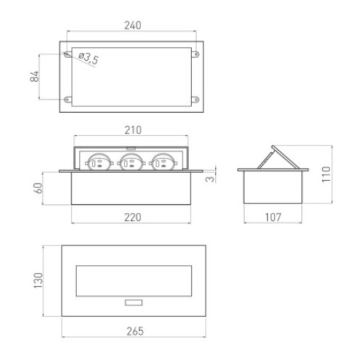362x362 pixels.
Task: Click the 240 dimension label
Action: click(132, 25)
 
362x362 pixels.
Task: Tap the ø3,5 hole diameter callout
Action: click(88, 59)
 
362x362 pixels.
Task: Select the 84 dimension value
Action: click(35, 76)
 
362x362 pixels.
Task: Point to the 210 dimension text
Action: click(132, 130)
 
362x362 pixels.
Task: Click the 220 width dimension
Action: click(132, 217)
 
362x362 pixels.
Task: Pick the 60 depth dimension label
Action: click(38, 188)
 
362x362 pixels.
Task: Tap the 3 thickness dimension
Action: click(210, 179)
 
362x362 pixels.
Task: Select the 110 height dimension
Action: click(326, 174)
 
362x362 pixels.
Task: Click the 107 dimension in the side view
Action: click(273, 217)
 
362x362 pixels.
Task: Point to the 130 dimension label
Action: click(38, 280)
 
